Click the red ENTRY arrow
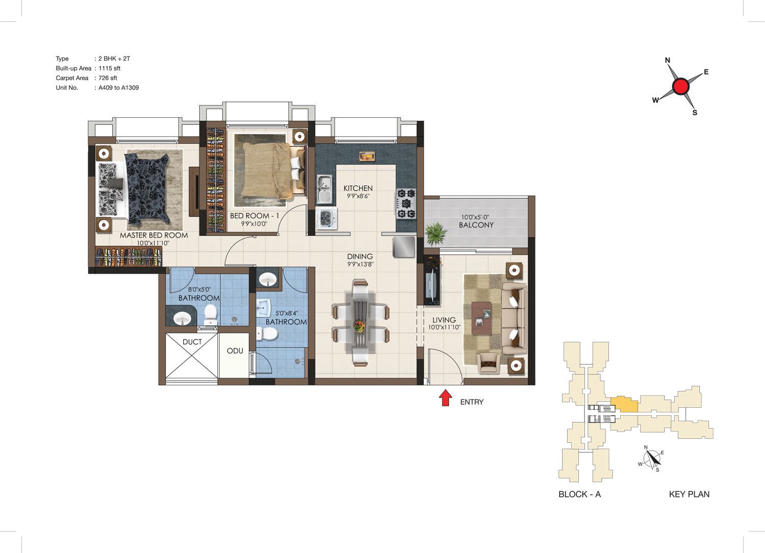tap(445, 398)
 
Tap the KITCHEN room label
tap(358, 188)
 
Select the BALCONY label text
tap(476, 225)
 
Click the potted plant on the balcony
tap(435, 234)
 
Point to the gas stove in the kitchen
tap(406, 204)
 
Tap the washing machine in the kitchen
tap(326, 218)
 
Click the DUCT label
tap(192, 341)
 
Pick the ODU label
tap(235, 351)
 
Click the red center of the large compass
tap(681, 86)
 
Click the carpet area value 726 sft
tap(108, 78)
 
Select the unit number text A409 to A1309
tap(118, 88)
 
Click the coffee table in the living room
tap(482, 318)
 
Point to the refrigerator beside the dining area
tap(404, 247)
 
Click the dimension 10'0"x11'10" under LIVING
tap(444, 327)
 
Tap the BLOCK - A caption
tap(579, 494)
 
